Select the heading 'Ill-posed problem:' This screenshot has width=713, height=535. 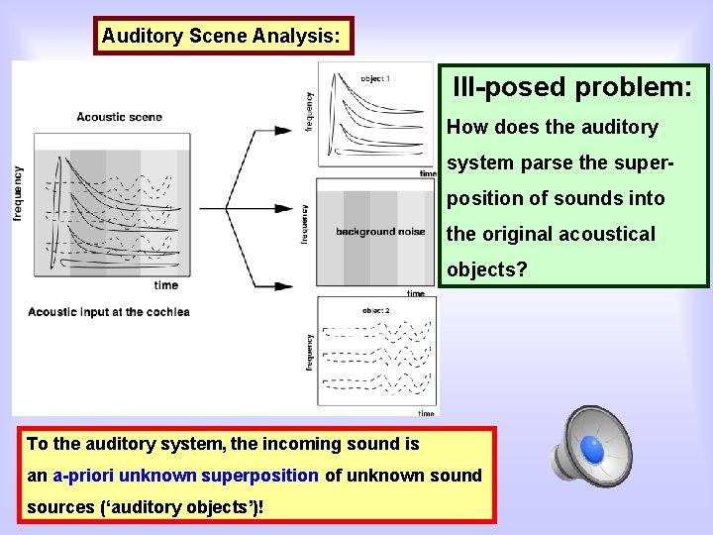coord(572,87)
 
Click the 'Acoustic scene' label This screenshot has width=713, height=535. coord(119,117)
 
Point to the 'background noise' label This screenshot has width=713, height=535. coord(380,232)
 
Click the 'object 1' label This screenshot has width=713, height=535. coord(375,78)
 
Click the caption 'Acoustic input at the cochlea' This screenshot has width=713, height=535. coord(109,312)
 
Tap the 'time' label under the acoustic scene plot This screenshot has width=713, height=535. coord(166,285)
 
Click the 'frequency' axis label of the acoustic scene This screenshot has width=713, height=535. coord(19,192)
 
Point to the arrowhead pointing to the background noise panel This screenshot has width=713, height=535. coord(299,208)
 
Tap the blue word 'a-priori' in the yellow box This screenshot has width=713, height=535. coord(83,476)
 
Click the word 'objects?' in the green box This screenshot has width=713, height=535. coord(487,269)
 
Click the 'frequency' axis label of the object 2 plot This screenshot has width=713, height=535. coord(309,352)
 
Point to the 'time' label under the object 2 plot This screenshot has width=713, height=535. coord(426,413)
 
